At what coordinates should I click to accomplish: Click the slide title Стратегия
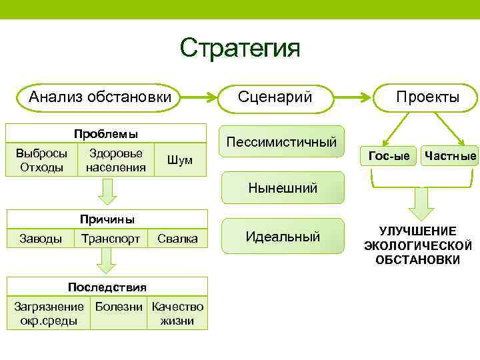[240, 47]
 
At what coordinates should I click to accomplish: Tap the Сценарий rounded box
[275, 97]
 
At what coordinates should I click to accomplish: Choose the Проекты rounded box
[427, 97]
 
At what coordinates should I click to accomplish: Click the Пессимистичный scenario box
[282, 141]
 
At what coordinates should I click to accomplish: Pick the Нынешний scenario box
[282, 187]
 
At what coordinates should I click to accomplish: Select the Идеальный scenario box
[282, 236]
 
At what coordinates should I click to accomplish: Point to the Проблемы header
[106, 133]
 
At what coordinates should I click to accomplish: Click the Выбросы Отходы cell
[41, 160]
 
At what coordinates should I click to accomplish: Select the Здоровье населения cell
[115, 160]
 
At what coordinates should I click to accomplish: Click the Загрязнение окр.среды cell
[49, 314]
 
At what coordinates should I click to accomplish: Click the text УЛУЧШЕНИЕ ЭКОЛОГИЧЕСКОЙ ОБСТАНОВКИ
[418, 245]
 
